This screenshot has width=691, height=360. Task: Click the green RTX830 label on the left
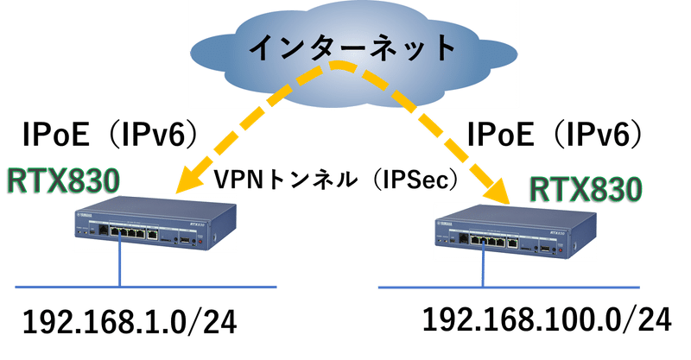[x=62, y=180]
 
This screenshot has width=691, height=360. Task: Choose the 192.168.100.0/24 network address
[x=547, y=319]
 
